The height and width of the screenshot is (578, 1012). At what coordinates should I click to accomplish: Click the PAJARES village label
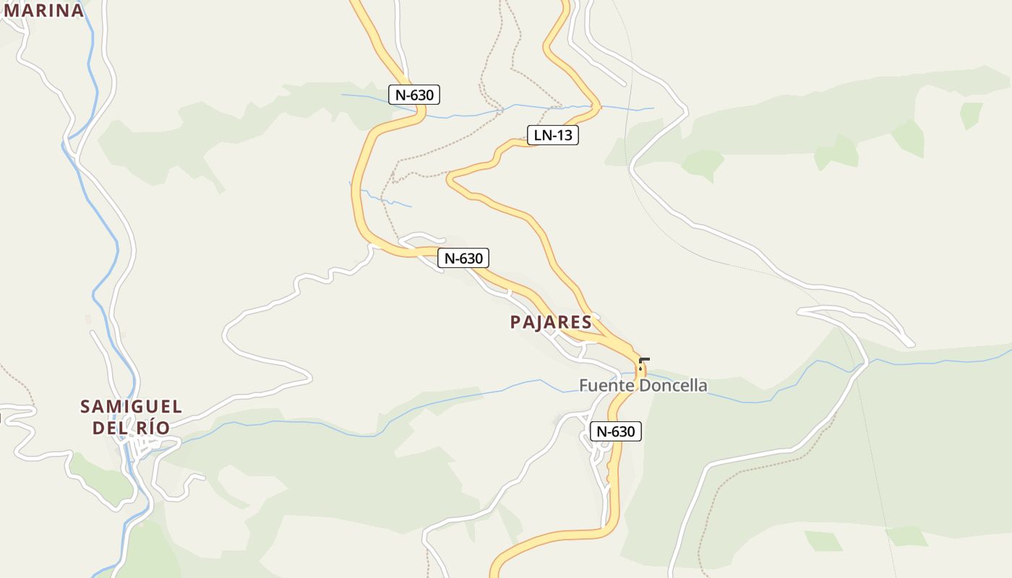[551, 322]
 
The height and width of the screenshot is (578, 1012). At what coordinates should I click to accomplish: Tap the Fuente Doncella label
[643, 385]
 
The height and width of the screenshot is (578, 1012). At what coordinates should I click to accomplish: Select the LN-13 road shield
[553, 135]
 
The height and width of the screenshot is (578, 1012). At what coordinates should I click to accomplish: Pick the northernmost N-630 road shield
[414, 94]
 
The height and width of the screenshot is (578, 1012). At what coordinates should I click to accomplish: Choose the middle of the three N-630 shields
[463, 258]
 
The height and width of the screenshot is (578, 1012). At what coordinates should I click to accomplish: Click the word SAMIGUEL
[131, 407]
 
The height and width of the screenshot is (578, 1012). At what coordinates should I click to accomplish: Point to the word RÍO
[153, 428]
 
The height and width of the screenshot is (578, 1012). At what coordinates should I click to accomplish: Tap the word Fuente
[605, 385]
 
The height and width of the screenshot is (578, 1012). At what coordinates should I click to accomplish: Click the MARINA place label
[43, 10]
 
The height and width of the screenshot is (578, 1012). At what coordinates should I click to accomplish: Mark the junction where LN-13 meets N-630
[630, 350]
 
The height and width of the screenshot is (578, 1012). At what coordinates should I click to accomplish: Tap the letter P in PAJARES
[515, 322]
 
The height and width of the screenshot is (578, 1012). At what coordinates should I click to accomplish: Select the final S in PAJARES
[587, 322]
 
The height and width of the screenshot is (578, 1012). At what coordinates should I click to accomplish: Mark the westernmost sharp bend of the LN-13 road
[450, 177]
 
